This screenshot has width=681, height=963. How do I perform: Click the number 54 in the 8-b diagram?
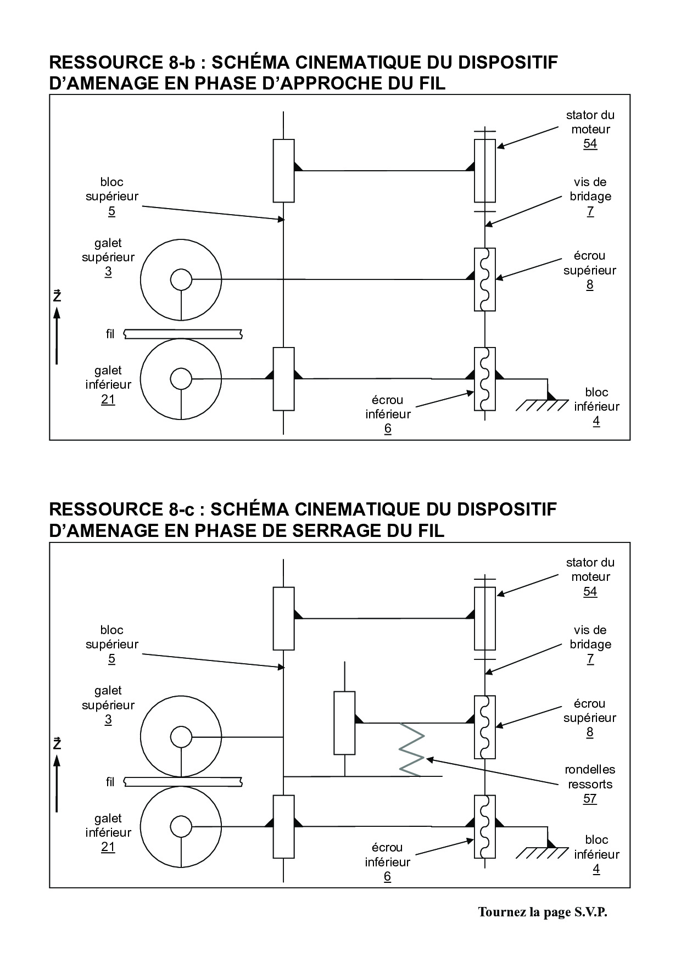point(590,144)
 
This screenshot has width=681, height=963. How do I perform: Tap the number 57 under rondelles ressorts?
point(590,798)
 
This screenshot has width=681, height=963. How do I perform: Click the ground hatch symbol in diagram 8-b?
point(542,405)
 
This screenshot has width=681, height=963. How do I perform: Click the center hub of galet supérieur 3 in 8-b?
point(181,280)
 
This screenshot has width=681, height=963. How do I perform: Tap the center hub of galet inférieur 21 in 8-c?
point(181,826)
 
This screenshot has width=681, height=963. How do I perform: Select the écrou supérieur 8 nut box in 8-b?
point(484,279)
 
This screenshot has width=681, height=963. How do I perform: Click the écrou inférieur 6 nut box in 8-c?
point(484,826)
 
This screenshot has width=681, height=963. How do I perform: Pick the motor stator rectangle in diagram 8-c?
point(484,618)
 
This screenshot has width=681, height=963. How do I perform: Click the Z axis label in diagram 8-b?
point(57,297)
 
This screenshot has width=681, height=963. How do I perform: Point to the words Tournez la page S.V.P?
point(543,912)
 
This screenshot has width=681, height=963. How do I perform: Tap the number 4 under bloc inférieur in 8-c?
point(596,869)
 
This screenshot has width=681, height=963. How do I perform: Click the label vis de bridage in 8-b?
point(590,189)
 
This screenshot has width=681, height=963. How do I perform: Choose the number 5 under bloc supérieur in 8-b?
point(111,211)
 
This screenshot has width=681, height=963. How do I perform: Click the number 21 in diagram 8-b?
point(108,399)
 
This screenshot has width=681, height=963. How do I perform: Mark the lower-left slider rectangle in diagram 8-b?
point(283,379)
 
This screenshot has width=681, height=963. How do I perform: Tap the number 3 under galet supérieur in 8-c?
point(108,719)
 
